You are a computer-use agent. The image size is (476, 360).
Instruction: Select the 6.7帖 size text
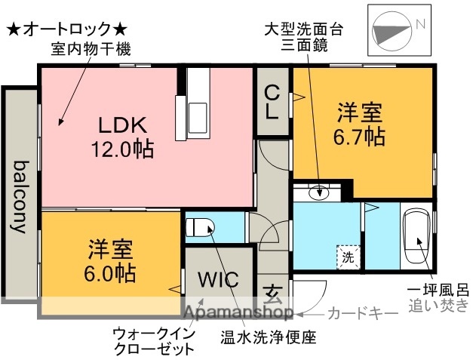[x=360, y=137]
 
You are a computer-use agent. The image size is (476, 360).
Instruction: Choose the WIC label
[x=218, y=278]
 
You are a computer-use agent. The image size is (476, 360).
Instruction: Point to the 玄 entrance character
[x=272, y=291]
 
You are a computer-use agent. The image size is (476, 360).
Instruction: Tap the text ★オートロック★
[x=68, y=30]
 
